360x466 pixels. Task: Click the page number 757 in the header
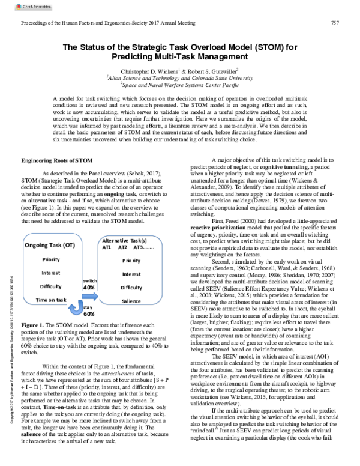(336, 23)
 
